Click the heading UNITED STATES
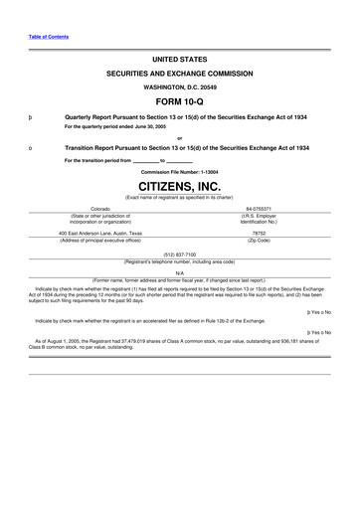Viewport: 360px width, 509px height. (x=179, y=60)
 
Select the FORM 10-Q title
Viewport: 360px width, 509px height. (x=179, y=102)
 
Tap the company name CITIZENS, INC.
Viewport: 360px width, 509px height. (x=179, y=185)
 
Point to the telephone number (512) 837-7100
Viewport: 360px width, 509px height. (x=179, y=254)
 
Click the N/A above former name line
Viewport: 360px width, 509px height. (x=179, y=272)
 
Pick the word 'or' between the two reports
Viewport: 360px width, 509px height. (x=179, y=137)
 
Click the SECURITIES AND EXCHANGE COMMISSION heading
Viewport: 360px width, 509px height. (x=179, y=75)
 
